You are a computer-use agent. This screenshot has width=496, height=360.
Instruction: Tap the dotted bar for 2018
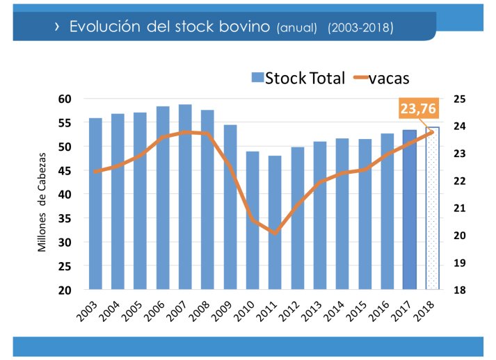432,208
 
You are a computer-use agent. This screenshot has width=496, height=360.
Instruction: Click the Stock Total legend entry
298,77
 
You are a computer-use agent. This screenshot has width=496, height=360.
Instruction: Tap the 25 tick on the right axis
459,99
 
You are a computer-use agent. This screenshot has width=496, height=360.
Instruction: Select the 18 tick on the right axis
459,290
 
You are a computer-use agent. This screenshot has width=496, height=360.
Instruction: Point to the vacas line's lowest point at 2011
274,233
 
